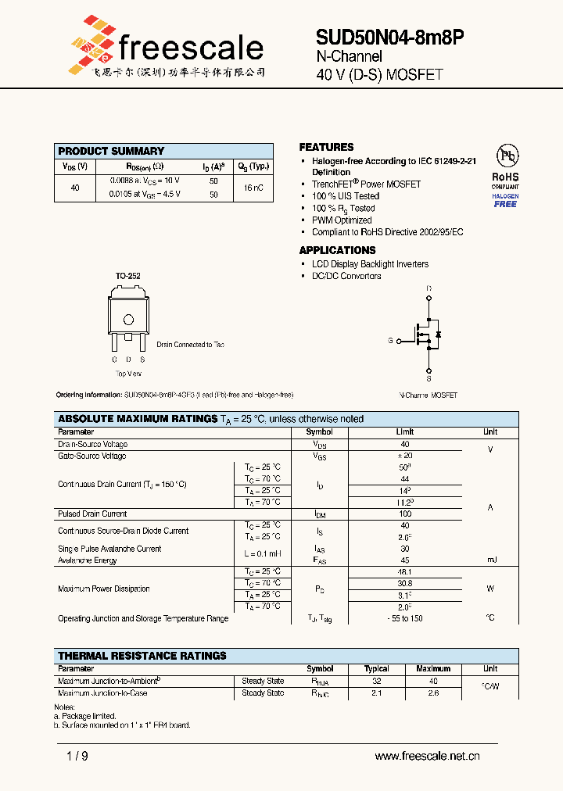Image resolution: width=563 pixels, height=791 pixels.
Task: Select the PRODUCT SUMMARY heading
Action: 111,151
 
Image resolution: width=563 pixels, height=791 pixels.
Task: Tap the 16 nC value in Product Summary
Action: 253,188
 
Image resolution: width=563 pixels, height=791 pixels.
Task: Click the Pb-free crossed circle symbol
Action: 505,155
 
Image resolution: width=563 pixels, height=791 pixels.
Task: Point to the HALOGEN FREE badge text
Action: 505,200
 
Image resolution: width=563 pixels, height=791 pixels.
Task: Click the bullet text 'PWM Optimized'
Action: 342,220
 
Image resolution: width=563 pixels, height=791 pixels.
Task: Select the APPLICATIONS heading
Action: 337,250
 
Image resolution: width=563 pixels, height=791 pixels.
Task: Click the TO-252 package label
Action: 127,276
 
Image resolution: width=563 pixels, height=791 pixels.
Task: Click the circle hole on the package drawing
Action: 128,318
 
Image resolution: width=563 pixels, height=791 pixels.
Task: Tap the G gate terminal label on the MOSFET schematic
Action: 390,341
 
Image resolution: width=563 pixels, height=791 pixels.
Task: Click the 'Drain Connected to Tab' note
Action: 190,345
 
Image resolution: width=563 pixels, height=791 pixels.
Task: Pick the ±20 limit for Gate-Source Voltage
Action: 404,456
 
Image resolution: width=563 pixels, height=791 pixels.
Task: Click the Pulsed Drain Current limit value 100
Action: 405,514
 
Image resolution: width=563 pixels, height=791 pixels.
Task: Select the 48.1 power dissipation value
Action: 405,571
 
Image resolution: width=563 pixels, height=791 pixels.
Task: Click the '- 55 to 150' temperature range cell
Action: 405,618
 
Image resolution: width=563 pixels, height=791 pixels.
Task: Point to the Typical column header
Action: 377,669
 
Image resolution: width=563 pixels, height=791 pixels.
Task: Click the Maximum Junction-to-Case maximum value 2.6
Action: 433,693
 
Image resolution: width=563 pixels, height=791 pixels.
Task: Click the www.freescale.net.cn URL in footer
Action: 427,756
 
